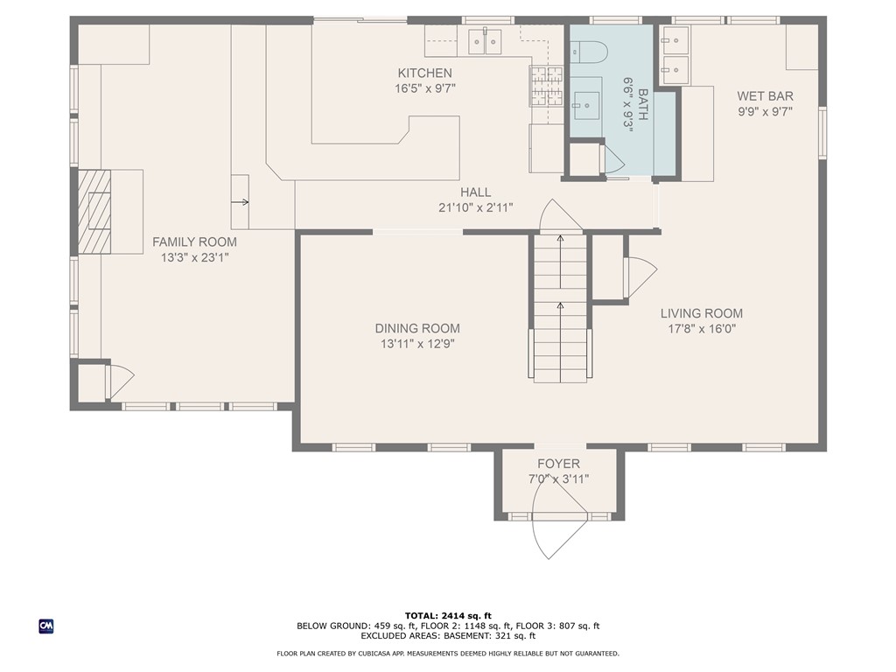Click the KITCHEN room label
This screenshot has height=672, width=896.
pyautogui.click(x=424, y=73)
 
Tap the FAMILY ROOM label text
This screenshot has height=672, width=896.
pyautogui.click(x=194, y=242)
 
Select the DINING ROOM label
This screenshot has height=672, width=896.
pyautogui.click(x=417, y=328)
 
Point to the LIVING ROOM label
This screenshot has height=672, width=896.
pyautogui.click(x=701, y=313)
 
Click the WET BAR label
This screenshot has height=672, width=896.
pyautogui.click(x=765, y=96)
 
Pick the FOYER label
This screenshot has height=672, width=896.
pyautogui.click(x=558, y=464)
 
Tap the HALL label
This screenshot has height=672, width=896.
pyautogui.click(x=476, y=192)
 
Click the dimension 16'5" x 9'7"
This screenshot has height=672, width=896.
pyautogui.click(x=424, y=88)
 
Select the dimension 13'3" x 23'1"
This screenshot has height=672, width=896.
pyautogui.click(x=194, y=257)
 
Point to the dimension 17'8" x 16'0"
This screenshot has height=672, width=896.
pyautogui.click(x=701, y=329)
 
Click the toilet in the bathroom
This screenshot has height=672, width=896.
pyautogui.click(x=588, y=52)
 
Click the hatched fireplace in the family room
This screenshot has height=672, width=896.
pyautogui.click(x=94, y=211)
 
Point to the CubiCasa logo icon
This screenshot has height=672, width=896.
pyautogui.click(x=45, y=626)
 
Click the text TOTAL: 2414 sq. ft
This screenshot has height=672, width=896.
pyautogui.click(x=447, y=615)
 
